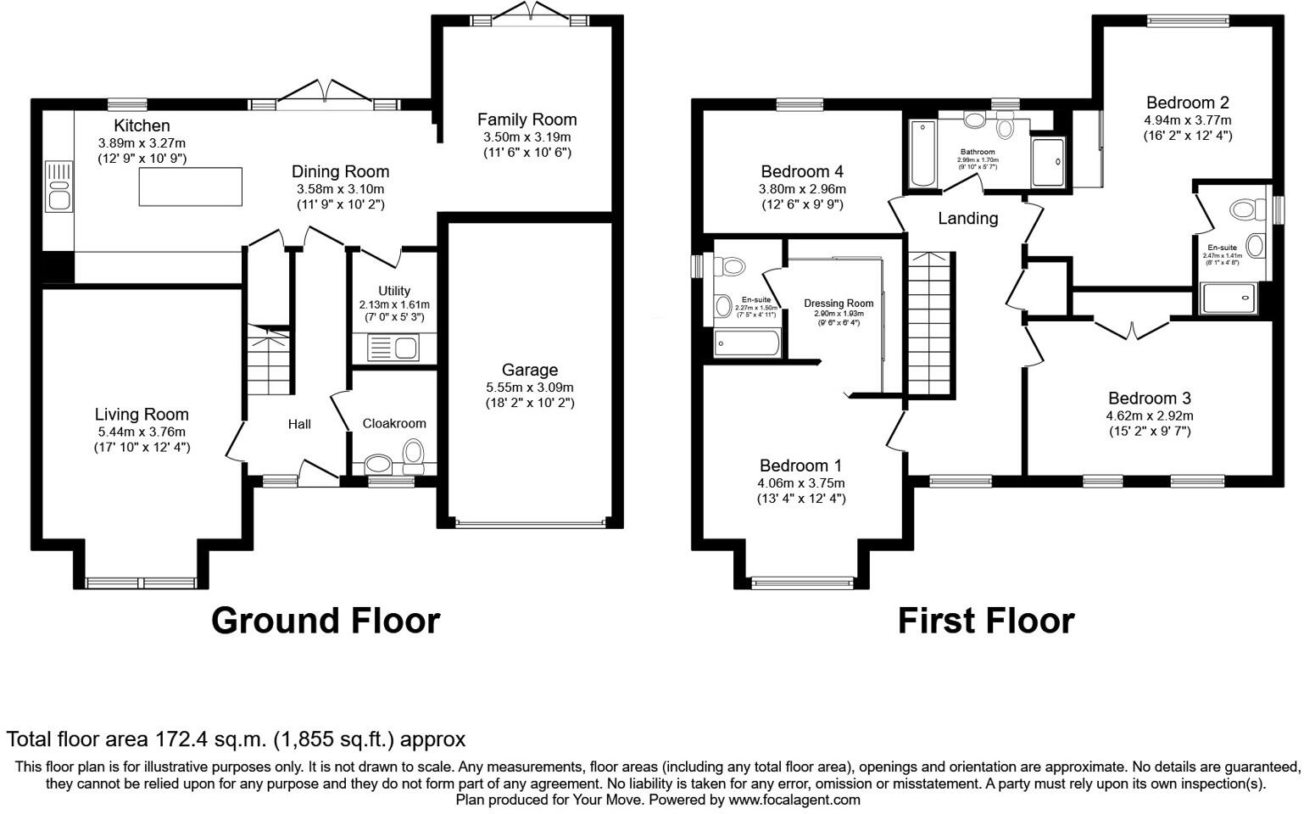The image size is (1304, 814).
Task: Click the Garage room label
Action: (x=529, y=370)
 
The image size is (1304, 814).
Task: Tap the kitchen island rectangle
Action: (x=191, y=187)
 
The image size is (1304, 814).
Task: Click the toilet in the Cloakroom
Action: (x=413, y=453)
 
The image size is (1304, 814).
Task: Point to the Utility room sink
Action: (x=393, y=348)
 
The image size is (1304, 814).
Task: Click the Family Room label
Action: (x=527, y=120)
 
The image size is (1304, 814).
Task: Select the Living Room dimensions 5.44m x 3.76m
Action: (x=142, y=431)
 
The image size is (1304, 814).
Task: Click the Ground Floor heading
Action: (x=325, y=621)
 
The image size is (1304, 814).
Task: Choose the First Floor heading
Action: (x=985, y=621)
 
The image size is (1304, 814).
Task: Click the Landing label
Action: (x=967, y=218)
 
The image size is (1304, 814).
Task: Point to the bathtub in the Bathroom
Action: (x=921, y=153)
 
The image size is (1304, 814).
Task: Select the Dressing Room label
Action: (x=839, y=303)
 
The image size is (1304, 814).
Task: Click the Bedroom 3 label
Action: (x=1149, y=398)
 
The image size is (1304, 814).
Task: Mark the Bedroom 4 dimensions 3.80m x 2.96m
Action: (x=802, y=189)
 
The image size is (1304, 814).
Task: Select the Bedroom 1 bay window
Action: (x=802, y=582)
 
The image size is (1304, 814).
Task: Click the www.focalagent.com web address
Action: (x=794, y=800)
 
